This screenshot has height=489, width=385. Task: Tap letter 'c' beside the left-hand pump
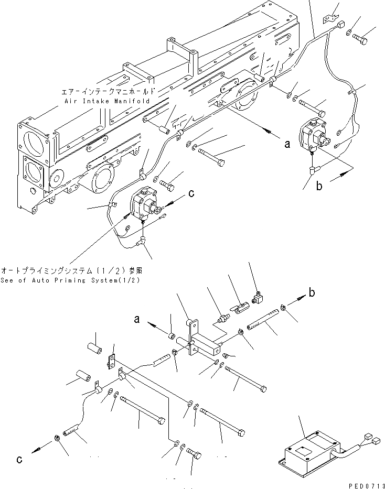point(191,193)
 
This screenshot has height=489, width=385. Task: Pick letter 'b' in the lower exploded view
point(312,294)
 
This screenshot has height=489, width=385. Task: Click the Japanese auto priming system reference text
point(72,271)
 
